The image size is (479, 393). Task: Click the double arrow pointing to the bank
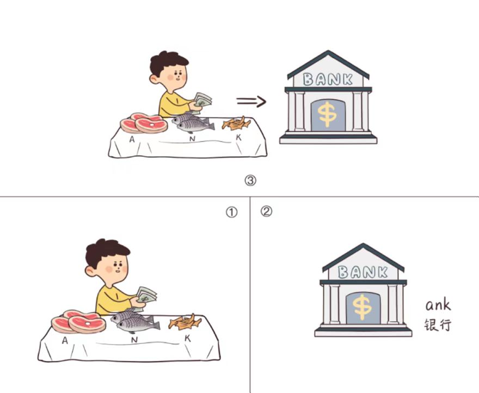tap(251, 101)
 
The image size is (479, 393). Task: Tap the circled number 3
tap(250, 181)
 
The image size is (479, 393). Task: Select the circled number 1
tap(231, 212)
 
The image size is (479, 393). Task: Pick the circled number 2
tap(266, 211)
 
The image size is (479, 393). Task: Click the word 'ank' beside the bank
tap(438, 305)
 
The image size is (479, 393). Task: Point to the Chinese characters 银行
tap(438, 325)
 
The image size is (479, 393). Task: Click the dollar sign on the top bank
tap(327, 114)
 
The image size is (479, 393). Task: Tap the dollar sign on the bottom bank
tap(362, 307)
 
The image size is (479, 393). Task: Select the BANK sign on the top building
tap(328, 79)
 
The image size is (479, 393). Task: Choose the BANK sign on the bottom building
tap(363, 272)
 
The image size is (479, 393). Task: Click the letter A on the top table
tap(132, 139)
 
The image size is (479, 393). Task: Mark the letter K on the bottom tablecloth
tap(188, 339)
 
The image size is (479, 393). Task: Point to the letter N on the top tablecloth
tap(192, 139)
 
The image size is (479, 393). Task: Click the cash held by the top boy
tap(202, 100)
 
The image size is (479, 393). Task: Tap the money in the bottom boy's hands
tap(146, 295)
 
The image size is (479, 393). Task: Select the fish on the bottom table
tap(135, 322)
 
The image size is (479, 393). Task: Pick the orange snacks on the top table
tap(236, 124)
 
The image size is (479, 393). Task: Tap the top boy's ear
tap(153, 79)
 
